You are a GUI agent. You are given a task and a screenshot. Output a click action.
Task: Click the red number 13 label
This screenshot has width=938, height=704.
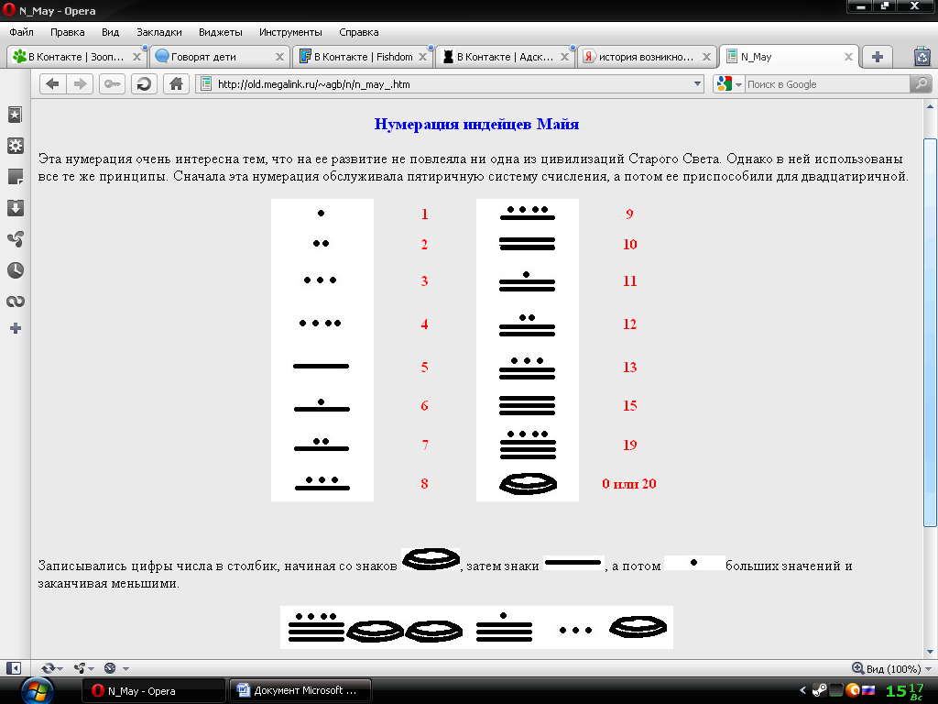(629, 367)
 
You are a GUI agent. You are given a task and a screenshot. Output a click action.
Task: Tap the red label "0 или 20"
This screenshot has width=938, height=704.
(628, 484)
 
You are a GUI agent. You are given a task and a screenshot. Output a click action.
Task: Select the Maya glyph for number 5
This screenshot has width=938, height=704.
(322, 366)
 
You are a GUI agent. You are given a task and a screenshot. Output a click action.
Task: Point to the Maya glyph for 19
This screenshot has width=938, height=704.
(528, 445)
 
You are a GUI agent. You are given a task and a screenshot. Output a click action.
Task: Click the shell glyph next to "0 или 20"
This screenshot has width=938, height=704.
(528, 484)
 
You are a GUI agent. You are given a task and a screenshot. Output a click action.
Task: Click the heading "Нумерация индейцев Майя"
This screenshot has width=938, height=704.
(476, 124)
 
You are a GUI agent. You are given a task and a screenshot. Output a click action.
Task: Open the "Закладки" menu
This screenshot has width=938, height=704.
(159, 32)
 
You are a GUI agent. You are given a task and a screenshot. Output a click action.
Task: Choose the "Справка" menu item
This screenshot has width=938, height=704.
(358, 32)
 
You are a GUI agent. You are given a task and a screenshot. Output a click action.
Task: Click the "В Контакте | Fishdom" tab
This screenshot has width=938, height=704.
(363, 57)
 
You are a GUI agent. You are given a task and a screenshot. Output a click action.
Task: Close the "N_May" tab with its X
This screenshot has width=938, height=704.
(848, 57)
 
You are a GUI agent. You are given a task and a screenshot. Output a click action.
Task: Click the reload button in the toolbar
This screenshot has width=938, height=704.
(144, 83)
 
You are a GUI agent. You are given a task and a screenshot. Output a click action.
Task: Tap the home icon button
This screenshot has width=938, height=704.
(176, 83)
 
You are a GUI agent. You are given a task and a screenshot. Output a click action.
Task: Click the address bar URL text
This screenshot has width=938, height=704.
(313, 84)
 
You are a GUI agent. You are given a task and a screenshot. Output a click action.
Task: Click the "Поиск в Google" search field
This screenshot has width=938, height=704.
(827, 84)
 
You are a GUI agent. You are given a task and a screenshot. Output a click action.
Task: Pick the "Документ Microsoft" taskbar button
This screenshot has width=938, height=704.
(300, 691)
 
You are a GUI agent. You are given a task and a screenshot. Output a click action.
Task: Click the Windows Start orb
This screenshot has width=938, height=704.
(37, 691)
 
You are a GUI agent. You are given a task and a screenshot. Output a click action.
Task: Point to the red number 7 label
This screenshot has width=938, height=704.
(425, 445)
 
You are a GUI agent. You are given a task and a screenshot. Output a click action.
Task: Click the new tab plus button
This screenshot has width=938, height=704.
(877, 57)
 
